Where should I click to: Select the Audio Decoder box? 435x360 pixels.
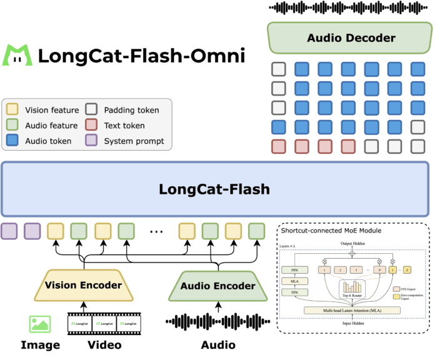pyautogui.click(x=351, y=38)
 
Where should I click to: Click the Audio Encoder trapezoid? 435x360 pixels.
pyautogui.click(x=218, y=286)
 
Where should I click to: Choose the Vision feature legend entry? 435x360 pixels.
pyautogui.click(x=47, y=110)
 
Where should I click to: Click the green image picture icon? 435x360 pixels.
pyautogui.click(x=40, y=324)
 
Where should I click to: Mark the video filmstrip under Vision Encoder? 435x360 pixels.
pyautogui.click(x=104, y=323)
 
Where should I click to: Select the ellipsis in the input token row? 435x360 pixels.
pyautogui.click(x=156, y=231)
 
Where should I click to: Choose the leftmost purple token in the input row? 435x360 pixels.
pyautogui.click(x=9, y=231)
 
